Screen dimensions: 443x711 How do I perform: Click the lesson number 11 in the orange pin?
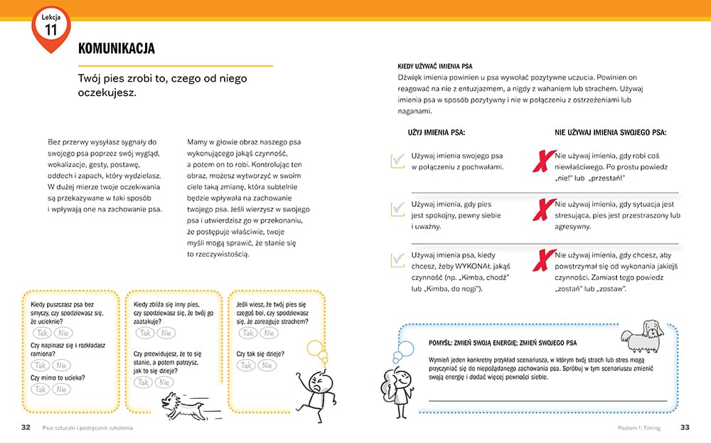(50, 30)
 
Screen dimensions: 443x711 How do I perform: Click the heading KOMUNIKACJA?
(117, 48)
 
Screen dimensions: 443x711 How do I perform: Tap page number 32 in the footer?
(25, 427)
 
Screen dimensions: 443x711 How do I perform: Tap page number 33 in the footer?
(685, 427)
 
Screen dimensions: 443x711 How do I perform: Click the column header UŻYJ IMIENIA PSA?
(437, 132)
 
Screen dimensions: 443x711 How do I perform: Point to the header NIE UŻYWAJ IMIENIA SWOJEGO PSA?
(610, 132)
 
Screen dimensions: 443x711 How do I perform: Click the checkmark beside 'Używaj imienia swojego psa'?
(397, 161)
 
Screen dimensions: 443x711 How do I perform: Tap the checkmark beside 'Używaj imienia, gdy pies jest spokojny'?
(397, 210)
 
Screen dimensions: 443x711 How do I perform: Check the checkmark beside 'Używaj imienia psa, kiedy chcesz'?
(397, 260)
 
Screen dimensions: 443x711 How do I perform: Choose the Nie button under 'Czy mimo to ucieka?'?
(62, 389)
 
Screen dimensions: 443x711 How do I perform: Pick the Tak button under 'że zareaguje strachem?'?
(247, 333)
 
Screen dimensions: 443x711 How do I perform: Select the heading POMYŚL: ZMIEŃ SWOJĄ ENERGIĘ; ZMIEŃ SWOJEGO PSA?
(503, 343)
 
